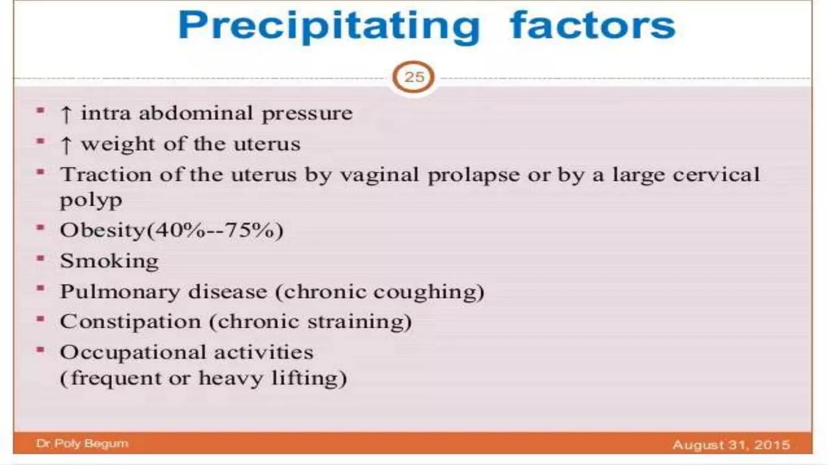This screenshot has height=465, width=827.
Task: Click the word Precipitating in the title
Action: click(329, 26)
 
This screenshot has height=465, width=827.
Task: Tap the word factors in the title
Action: click(592, 26)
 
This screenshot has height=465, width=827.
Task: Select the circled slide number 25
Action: click(413, 77)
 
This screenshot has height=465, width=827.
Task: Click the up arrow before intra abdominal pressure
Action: click(66, 114)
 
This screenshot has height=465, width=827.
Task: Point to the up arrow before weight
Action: click(66, 145)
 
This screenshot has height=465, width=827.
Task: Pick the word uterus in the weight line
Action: click(267, 144)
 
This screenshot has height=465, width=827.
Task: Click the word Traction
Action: click(106, 175)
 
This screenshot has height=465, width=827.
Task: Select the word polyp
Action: click(91, 200)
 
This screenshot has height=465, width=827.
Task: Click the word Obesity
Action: click(103, 230)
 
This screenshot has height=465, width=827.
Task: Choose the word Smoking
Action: click(109, 261)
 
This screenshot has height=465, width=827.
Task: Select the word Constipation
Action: click(130, 322)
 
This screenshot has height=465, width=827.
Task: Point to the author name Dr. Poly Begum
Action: click(82, 443)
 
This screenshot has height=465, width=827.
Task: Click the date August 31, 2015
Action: click(731, 444)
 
